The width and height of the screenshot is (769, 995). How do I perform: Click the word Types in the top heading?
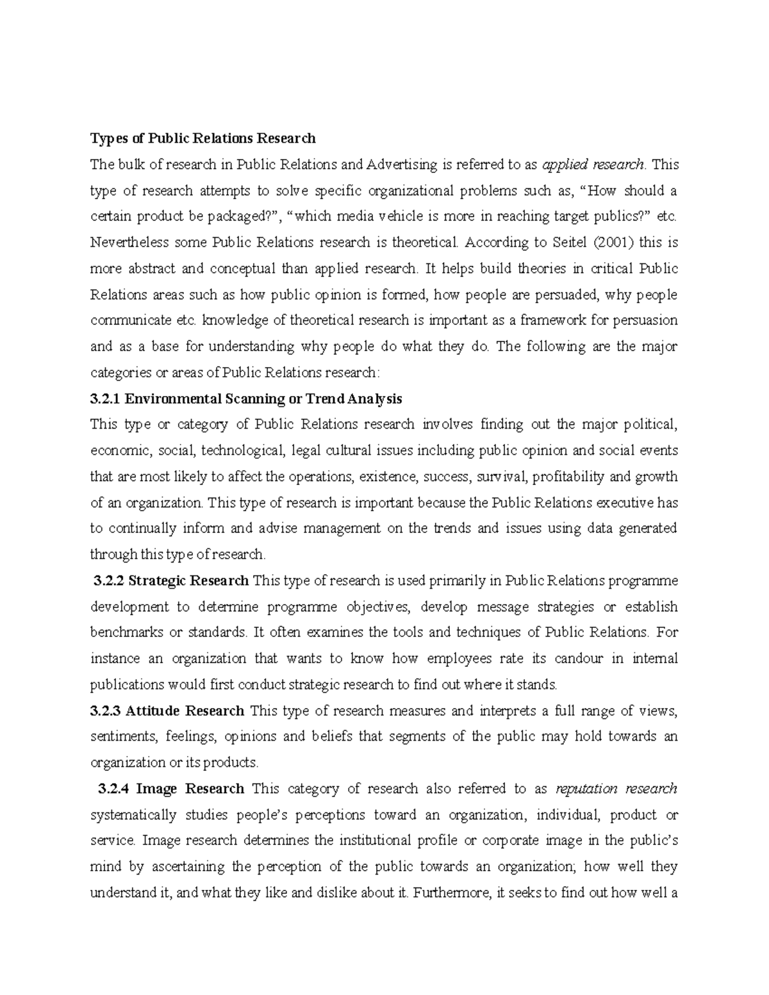[x=105, y=138]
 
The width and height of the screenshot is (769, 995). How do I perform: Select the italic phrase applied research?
[x=593, y=165]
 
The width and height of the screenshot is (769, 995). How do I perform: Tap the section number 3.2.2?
[x=108, y=581]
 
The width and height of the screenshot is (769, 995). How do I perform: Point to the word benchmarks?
[x=126, y=633]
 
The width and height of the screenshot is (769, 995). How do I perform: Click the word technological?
[x=242, y=451]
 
